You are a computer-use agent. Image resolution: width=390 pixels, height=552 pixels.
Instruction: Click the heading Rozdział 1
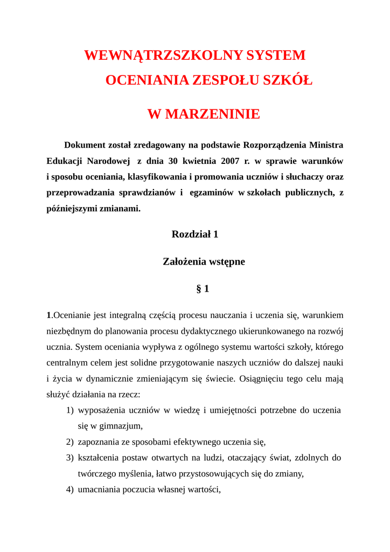194,234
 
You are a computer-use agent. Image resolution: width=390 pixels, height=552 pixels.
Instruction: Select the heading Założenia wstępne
204,261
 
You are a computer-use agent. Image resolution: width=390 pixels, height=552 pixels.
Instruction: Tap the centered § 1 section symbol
203,289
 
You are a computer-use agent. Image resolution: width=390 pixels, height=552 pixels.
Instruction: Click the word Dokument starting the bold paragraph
84,145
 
